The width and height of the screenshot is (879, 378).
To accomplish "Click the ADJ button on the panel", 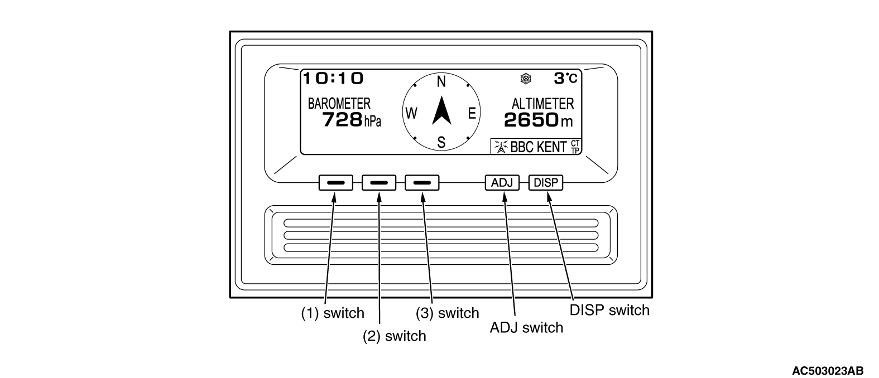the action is [x=502, y=183].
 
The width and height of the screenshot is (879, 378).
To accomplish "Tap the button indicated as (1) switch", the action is [x=335, y=183].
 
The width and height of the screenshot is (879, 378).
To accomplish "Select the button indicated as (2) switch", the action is [x=379, y=183].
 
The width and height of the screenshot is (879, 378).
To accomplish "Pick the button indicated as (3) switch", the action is [x=422, y=183].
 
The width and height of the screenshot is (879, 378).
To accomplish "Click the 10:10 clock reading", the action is [x=333, y=79].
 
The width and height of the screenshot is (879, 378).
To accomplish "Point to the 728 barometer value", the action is [x=342, y=120].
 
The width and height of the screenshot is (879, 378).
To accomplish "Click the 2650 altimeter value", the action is [x=531, y=120].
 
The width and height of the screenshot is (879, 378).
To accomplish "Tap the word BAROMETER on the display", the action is [x=339, y=104].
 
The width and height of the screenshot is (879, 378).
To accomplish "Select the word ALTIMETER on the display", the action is [x=542, y=104].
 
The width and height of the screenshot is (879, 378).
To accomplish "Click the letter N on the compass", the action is [x=441, y=82].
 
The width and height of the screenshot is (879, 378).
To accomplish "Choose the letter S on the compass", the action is [x=441, y=142].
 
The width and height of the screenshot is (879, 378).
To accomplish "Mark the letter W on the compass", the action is [x=411, y=113].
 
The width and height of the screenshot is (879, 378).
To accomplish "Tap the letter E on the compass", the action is [x=472, y=113].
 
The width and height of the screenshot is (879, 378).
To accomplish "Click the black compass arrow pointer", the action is [x=442, y=112].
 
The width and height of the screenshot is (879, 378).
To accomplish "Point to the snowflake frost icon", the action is [x=526, y=79].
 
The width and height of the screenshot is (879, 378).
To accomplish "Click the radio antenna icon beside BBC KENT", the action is [x=501, y=147].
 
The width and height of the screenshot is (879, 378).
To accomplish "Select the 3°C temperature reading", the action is [x=565, y=79].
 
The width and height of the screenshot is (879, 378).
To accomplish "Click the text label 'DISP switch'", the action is [x=609, y=310].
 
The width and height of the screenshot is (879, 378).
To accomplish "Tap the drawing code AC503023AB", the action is [x=828, y=371].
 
